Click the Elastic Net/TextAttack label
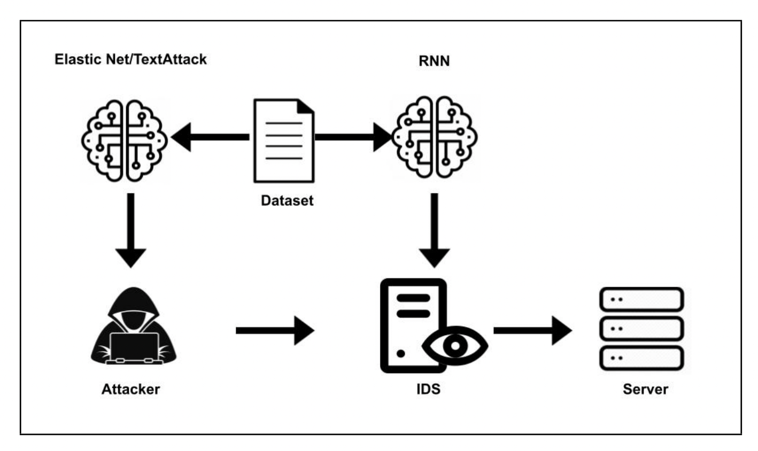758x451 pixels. (x=130, y=59)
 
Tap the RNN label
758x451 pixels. (x=434, y=61)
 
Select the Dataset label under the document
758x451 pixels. (x=287, y=200)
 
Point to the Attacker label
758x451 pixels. (x=130, y=389)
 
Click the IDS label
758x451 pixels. (x=428, y=389)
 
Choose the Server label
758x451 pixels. (x=645, y=389)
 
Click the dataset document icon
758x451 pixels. (x=284, y=141)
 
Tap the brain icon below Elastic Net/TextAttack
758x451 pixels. (x=124, y=141)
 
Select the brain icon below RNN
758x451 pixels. (x=435, y=137)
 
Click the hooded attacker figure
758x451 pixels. (x=134, y=326)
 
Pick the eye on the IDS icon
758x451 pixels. (x=455, y=345)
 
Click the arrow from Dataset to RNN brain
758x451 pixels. (x=353, y=137)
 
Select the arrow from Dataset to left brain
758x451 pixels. (x=210, y=137)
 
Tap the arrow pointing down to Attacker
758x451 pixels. (x=130, y=231)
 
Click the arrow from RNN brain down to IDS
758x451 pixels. (x=435, y=231)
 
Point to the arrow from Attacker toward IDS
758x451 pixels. (x=275, y=331)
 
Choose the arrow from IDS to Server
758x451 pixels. (x=533, y=331)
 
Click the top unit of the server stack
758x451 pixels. (x=641, y=299)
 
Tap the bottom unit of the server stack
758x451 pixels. (x=641, y=358)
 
